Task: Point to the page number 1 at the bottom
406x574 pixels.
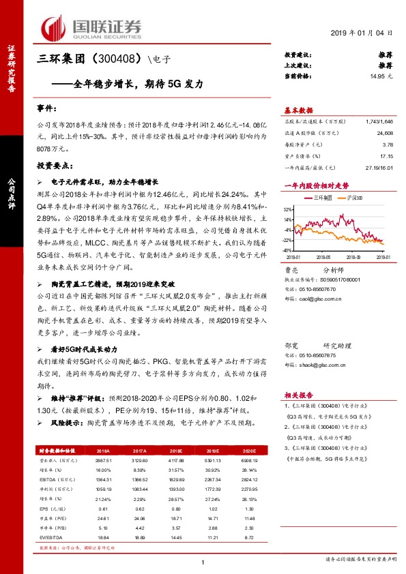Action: pyautogui.click(x=203, y=562)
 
